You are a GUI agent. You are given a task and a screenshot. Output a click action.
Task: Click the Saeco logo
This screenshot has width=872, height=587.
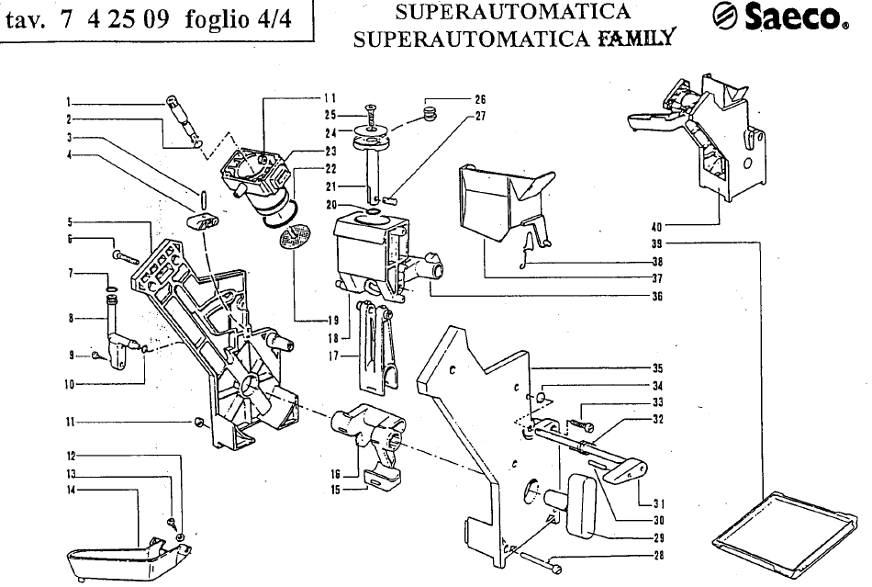(x=780, y=17)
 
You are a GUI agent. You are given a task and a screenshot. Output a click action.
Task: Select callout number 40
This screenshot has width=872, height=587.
(x=656, y=227)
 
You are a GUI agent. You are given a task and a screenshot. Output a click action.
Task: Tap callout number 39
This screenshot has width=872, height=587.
(x=656, y=243)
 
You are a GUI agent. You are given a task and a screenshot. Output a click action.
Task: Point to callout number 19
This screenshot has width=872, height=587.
(x=332, y=320)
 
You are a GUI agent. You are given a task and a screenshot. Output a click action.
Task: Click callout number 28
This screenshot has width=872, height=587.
(x=658, y=555)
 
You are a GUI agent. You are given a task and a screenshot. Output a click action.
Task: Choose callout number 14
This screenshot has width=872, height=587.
(x=72, y=490)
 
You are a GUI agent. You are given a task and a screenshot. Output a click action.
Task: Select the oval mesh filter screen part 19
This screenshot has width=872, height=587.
(x=295, y=236)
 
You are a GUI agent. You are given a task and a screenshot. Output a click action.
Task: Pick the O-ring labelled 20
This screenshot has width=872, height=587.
(x=373, y=211)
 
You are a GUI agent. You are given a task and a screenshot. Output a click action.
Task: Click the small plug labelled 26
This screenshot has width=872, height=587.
(x=430, y=116)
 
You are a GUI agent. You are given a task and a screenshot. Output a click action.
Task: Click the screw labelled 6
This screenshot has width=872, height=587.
(x=126, y=257)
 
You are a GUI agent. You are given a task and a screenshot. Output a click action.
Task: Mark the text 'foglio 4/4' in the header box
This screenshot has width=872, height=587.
(x=239, y=20)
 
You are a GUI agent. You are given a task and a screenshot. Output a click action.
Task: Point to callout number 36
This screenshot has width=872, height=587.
(x=657, y=296)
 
